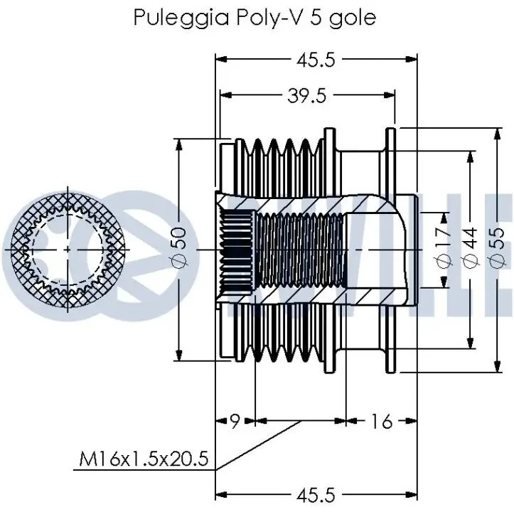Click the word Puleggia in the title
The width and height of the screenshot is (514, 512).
click(181, 18)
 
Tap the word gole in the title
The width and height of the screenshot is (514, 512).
click(353, 18)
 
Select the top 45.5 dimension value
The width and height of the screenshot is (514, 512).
click(316, 60)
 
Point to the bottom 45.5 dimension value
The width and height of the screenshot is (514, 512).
click(316, 495)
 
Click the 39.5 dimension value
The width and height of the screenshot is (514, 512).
click(307, 96)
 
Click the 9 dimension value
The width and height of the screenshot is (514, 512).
click(235, 421)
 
